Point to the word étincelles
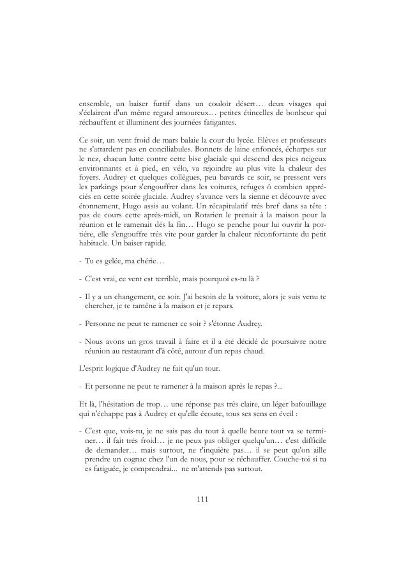249,112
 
